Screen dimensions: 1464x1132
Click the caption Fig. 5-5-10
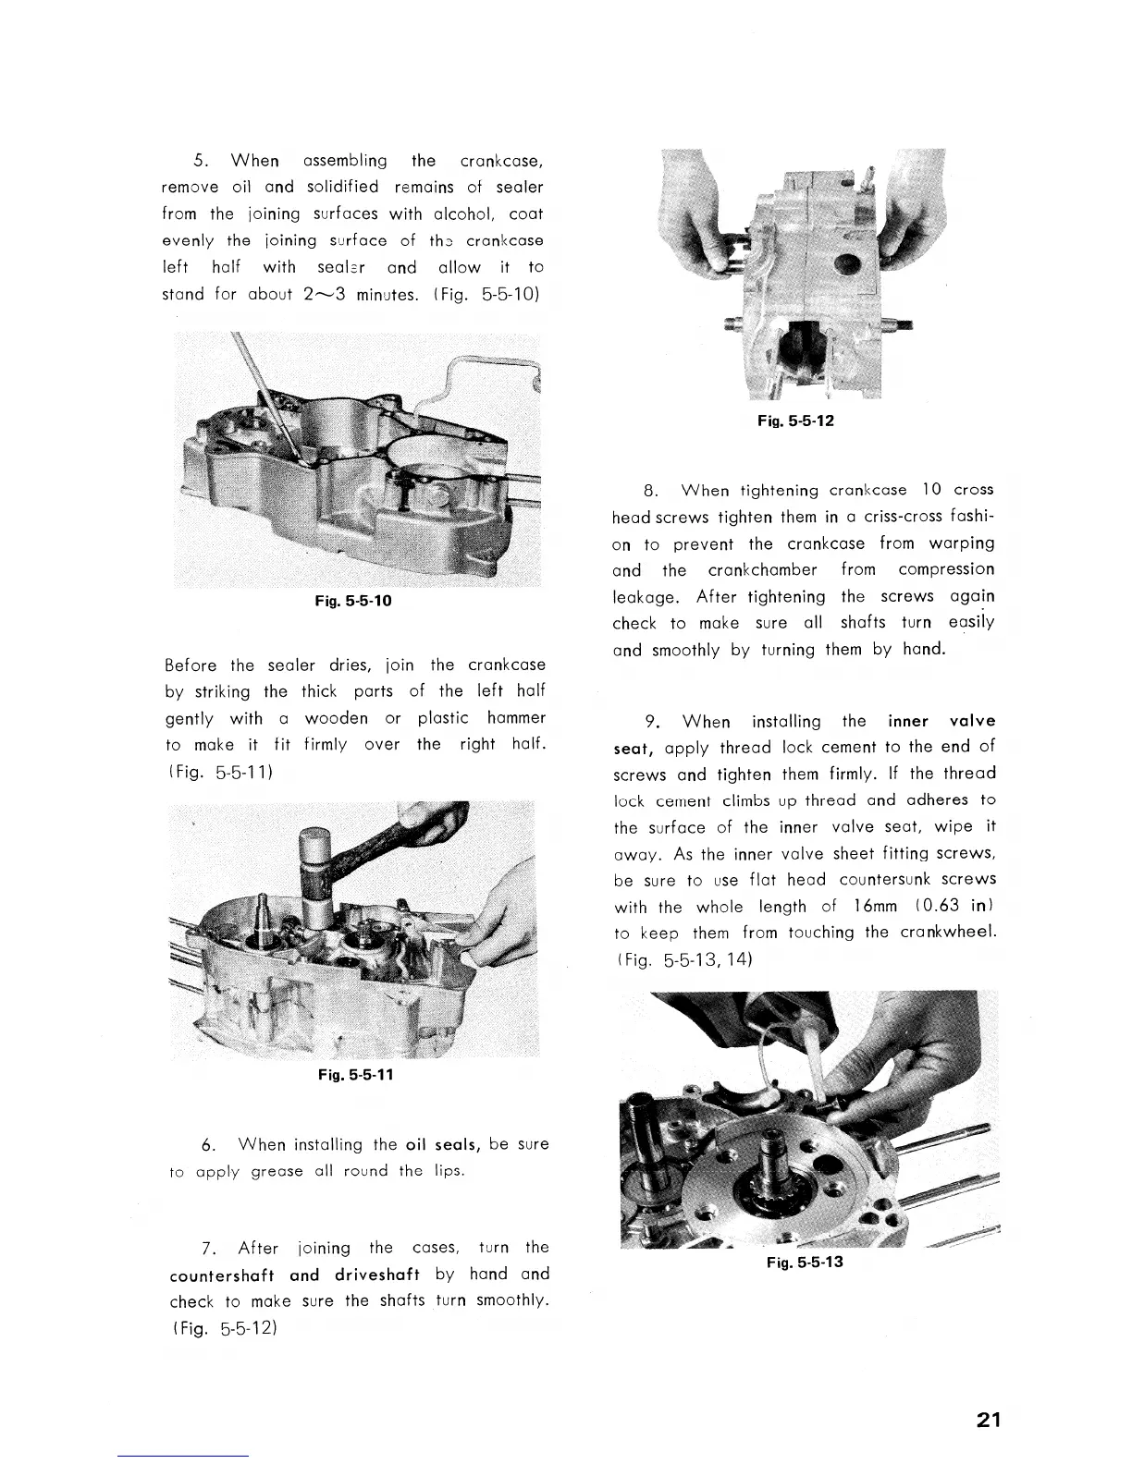355,601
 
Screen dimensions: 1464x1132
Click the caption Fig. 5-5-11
355,1076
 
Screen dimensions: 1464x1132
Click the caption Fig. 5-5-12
795,421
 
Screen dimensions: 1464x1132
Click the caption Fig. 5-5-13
805,1263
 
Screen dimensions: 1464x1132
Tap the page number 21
989,1421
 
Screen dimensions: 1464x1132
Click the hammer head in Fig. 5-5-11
315,864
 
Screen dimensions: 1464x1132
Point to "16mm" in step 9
870,907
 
